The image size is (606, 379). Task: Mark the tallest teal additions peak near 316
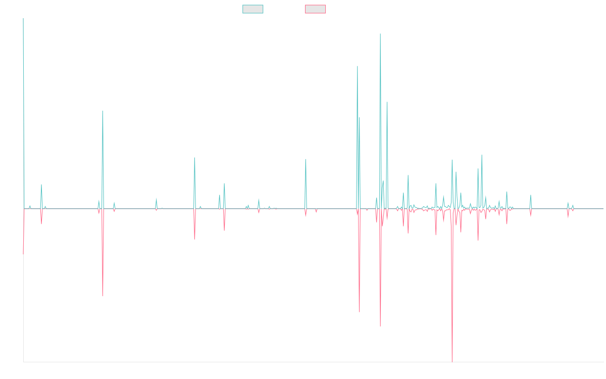click(380, 34)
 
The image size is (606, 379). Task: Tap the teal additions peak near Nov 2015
click(103, 111)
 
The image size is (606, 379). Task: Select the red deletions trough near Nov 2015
click(103, 296)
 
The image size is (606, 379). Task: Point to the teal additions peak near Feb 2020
click(306, 159)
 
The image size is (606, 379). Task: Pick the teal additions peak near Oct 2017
click(194, 158)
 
